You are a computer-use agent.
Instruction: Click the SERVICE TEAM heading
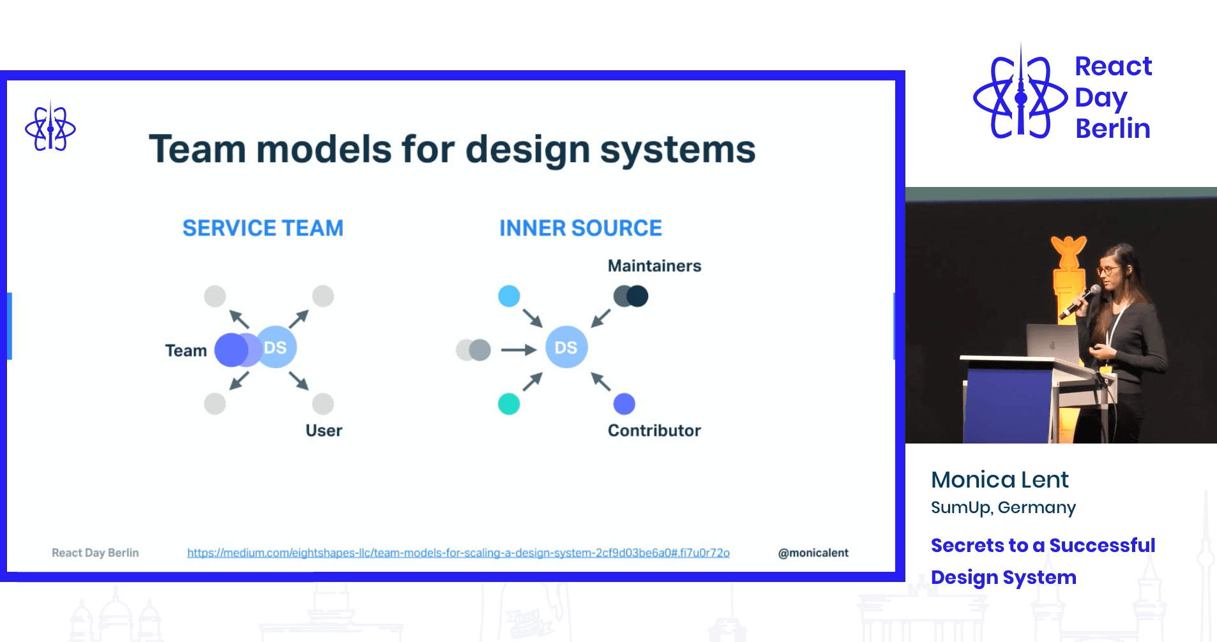(x=262, y=228)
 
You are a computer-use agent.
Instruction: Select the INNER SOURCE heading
(x=580, y=228)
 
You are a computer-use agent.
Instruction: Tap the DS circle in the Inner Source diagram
(x=566, y=347)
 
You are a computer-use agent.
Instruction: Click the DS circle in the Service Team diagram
(x=276, y=347)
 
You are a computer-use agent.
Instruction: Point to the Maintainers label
(x=654, y=265)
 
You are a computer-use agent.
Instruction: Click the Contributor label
(x=654, y=431)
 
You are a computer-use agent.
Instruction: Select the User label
(x=324, y=431)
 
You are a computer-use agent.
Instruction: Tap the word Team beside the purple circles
(x=186, y=350)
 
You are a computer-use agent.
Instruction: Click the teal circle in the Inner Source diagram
(x=509, y=404)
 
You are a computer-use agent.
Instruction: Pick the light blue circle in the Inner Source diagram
(x=509, y=296)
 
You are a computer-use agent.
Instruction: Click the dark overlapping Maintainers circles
(x=631, y=296)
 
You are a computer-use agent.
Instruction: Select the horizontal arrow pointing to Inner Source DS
(x=518, y=350)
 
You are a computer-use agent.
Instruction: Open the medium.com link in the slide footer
(x=458, y=553)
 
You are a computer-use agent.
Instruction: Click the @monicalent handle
(x=813, y=553)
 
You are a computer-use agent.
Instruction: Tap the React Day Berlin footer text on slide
(x=95, y=553)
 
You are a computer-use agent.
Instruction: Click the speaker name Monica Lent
(x=999, y=479)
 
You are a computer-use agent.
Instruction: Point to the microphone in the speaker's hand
(x=1081, y=301)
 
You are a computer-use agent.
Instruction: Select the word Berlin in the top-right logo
(x=1112, y=128)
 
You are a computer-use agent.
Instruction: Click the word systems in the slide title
(x=677, y=149)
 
